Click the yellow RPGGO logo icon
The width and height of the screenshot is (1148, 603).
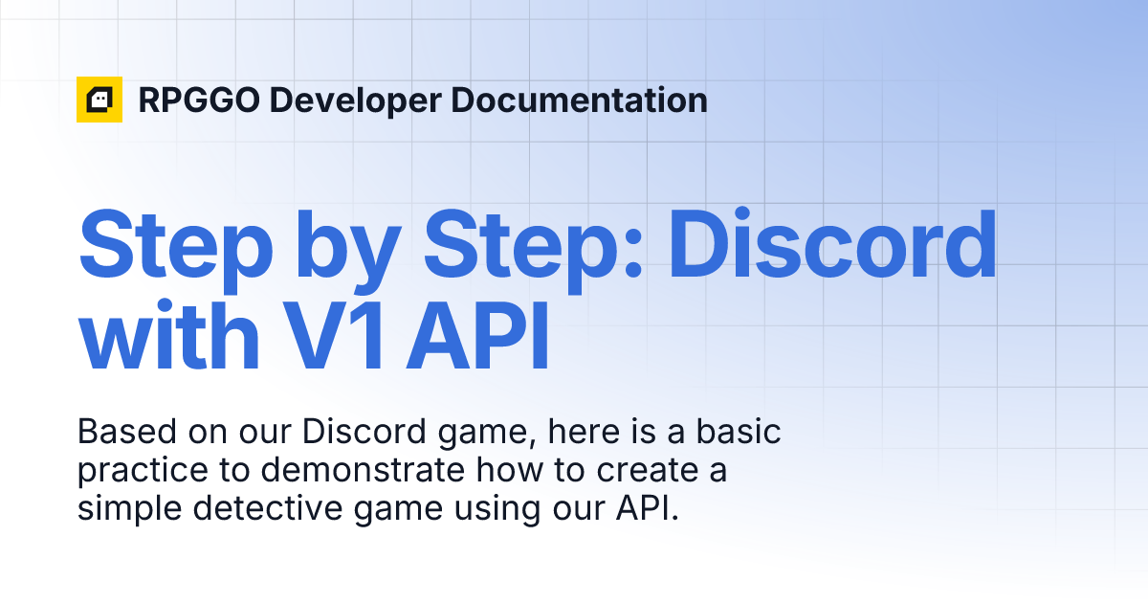(99, 100)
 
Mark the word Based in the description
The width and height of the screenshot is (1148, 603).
(120, 432)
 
